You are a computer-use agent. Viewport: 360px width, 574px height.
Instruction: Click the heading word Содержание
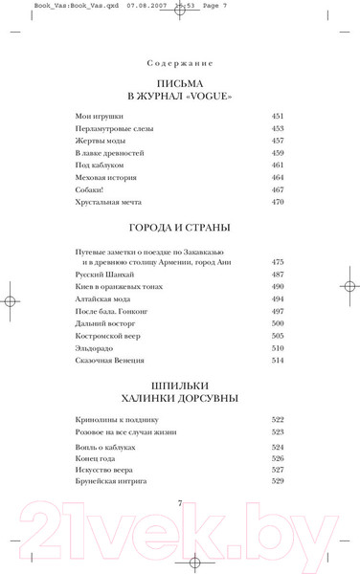[180, 63]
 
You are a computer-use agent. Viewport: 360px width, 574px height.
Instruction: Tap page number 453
[278, 128]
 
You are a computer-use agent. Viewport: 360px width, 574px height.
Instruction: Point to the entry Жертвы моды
[99, 141]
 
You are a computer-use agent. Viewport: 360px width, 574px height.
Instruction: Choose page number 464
[278, 177]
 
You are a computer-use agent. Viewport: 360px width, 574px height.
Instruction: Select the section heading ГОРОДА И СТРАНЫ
[180, 230]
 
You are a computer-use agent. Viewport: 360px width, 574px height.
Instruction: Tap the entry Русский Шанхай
[101, 275]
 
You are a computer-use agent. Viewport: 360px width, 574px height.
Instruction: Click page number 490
[278, 286]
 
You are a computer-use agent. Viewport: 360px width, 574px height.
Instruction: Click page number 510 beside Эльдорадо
[278, 348]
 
